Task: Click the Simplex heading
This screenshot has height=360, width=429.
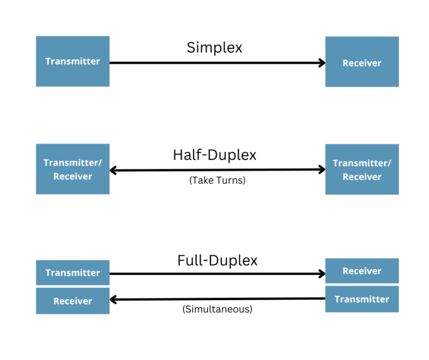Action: click(214, 48)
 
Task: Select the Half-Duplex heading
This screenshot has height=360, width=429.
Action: click(214, 155)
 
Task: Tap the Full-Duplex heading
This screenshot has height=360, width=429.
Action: click(217, 260)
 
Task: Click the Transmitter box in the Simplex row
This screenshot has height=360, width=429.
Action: click(73, 61)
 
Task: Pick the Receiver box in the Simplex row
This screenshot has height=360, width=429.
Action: click(362, 61)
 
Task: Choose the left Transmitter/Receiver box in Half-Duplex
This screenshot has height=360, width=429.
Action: click(73, 169)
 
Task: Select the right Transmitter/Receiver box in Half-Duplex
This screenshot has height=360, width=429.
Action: click(362, 169)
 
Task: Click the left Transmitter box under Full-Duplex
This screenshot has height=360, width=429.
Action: click(73, 273)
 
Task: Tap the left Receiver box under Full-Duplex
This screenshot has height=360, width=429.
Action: click(73, 301)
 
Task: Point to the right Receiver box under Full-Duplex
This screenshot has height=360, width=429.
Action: click(362, 271)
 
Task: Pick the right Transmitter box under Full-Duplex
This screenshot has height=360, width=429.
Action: click(362, 299)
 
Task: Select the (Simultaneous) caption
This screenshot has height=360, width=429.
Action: click(217, 309)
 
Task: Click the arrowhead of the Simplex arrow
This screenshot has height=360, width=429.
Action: click(322, 63)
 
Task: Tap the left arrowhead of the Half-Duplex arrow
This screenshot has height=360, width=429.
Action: click(113, 170)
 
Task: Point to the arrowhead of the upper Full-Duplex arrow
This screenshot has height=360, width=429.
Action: click(322, 274)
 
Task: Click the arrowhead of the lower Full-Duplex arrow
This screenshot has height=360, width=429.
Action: click(113, 300)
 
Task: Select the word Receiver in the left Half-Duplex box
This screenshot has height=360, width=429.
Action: click(73, 177)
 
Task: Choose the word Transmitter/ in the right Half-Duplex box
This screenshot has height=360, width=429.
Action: click(362, 163)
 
